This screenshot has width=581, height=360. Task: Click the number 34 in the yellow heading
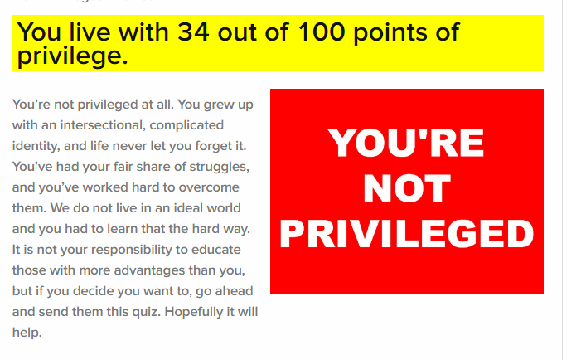coord(193,32)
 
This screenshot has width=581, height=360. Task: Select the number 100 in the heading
coord(322,32)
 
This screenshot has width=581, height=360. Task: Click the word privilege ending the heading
coord(72,56)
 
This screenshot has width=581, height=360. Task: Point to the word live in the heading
coord(90,32)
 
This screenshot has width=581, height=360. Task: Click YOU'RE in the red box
coord(406,143)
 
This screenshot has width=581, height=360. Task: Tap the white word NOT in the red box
coord(406,188)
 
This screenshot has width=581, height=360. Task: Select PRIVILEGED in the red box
coord(406,233)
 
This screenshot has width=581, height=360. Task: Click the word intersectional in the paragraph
coord(101,125)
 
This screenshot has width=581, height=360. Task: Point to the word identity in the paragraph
coord(36,147)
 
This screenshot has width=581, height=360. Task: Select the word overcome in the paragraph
coord(209,187)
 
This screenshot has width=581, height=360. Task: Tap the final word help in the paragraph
coord(27,333)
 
